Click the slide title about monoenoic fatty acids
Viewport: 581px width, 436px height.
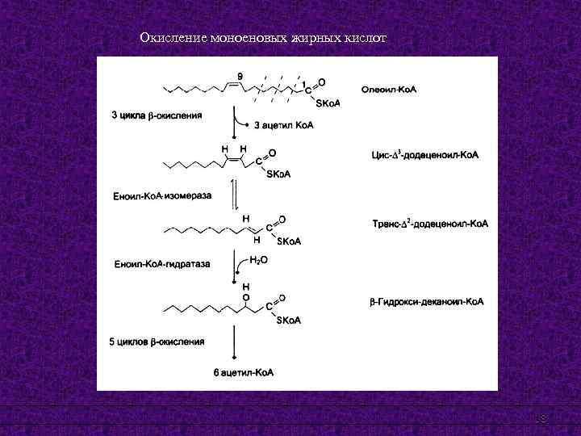pyautogui.click(x=263, y=38)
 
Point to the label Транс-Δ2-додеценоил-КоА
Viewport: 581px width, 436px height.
pyautogui.click(x=430, y=224)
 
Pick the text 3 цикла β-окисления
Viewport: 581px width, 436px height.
pyautogui.click(x=157, y=115)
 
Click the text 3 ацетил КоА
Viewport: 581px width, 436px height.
pyautogui.click(x=284, y=125)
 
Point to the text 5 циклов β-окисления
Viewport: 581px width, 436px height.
pyautogui.click(x=157, y=342)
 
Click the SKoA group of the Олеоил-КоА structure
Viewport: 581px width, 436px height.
pyautogui.click(x=327, y=103)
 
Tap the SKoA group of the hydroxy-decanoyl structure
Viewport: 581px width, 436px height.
pyautogui.click(x=288, y=321)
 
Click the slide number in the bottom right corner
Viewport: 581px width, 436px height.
pyautogui.click(x=542, y=417)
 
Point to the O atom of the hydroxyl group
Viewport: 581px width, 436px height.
pyautogui.click(x=246, y=296)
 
